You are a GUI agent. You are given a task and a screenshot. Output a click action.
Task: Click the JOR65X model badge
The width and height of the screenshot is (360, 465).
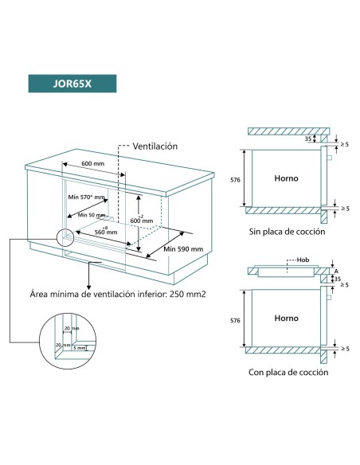coord(70,83)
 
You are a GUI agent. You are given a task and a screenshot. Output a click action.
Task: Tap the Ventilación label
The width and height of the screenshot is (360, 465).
coord(155,147)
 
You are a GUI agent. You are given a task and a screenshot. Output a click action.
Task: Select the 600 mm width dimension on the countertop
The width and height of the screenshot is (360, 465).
coord(93,163)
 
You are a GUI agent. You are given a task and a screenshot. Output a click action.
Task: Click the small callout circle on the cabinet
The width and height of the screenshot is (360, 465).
coord(65,236)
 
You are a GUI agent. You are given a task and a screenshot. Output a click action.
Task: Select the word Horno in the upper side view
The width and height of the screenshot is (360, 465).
coord(286,179)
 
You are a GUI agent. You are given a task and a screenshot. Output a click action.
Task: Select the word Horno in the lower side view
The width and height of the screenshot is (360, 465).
coord(286,315)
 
